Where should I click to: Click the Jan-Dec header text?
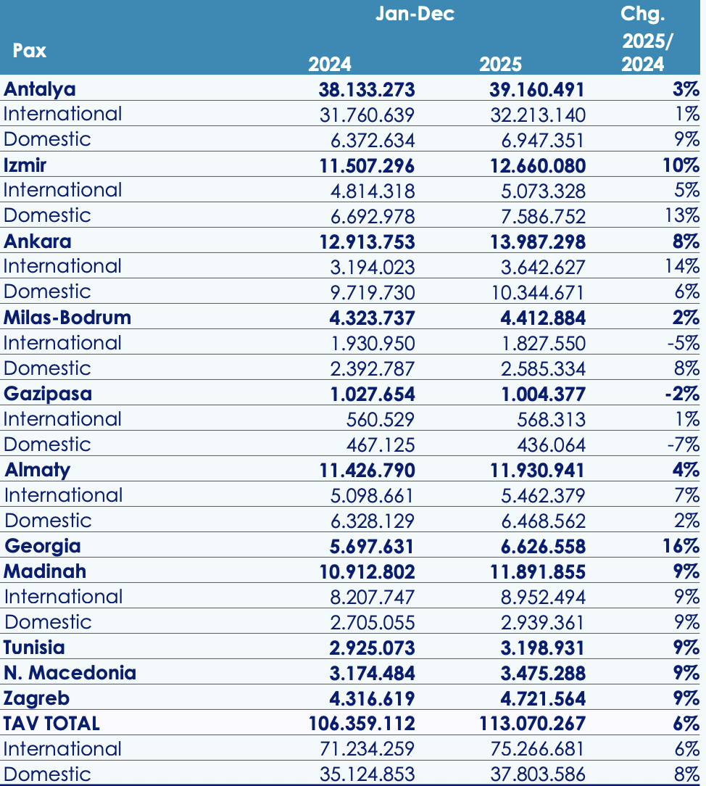pos(415,14)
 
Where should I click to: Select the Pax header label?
pos(30,51)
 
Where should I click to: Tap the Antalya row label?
pos(40,89)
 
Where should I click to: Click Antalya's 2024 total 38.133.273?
pos(367,89)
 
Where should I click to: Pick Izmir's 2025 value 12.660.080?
pos(537,165)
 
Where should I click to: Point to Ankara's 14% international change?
pos(683,266)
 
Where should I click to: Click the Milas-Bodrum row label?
pos(67,318)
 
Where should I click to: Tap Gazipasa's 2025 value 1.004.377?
pos(537,394)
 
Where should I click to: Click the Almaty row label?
pos(38,470)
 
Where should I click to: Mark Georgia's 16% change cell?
pos(681,546)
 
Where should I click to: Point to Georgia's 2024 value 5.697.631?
pos(367,546)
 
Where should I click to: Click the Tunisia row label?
pos(34,648)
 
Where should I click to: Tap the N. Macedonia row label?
pos(70,673)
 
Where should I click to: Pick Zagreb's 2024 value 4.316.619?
pos(367,698)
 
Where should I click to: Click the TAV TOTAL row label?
pos(51,724)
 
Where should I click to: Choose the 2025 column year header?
pos(500,64)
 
